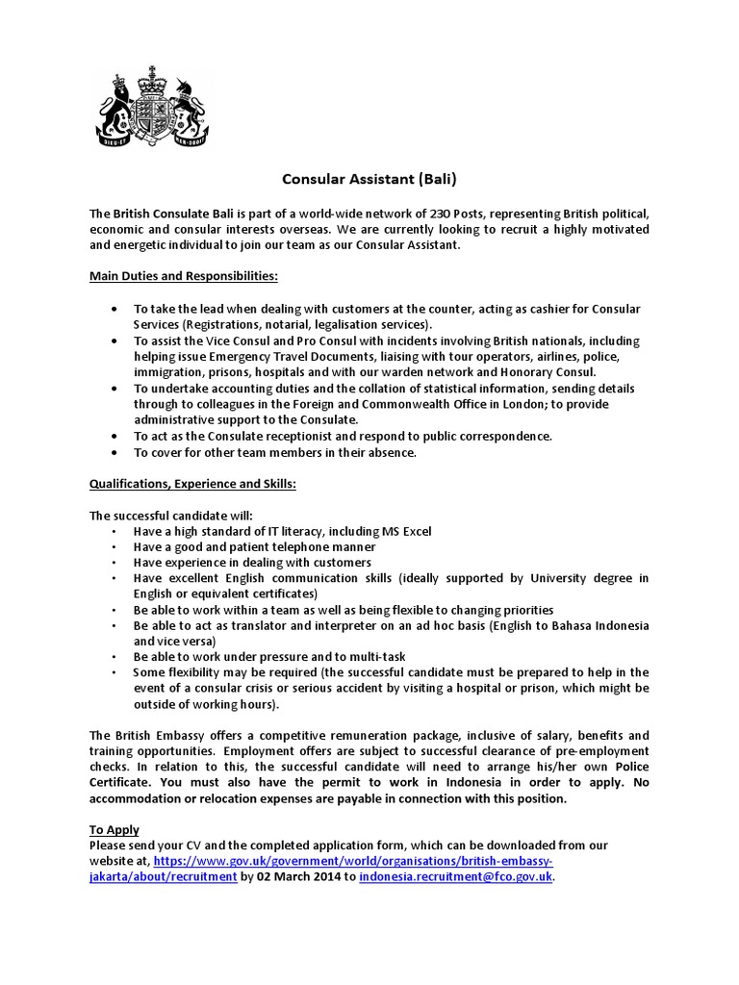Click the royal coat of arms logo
(x=150, y=107)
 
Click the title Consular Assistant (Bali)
(x=369, y=179)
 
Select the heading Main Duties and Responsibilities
(x=184, y=276)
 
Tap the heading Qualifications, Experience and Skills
(x=192, y=484)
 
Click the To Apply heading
(x=115, y=829)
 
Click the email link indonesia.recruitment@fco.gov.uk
(x=456, y=877)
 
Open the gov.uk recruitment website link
(x=352, y=861)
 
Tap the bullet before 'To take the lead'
(x=116, y=310)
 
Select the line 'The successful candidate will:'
(x=171, y=516)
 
